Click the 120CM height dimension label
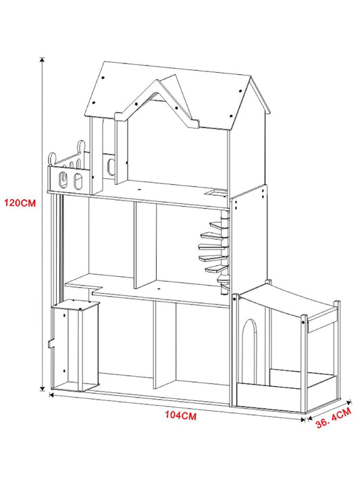click(x=20, y=203)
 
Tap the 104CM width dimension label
click(x=180, y=415)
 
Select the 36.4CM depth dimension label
click(x=333, y=417)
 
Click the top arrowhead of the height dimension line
click(x=42, y=59)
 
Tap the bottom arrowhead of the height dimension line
click(x=43, y=388)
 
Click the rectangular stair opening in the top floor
click(x=216, y=192)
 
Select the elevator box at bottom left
click(x=76, y=346)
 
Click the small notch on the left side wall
click(x=51, y=344)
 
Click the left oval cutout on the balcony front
click(x=62, y=180)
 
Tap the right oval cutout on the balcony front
click(x=78, y=181)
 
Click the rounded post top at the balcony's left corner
click(x=52, y=159)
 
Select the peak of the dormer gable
click(x=157, y=81)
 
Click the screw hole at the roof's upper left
click(x=103, y=78)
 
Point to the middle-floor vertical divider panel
click(x=145, y=246)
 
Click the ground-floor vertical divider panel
click(x=165, y=344)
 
